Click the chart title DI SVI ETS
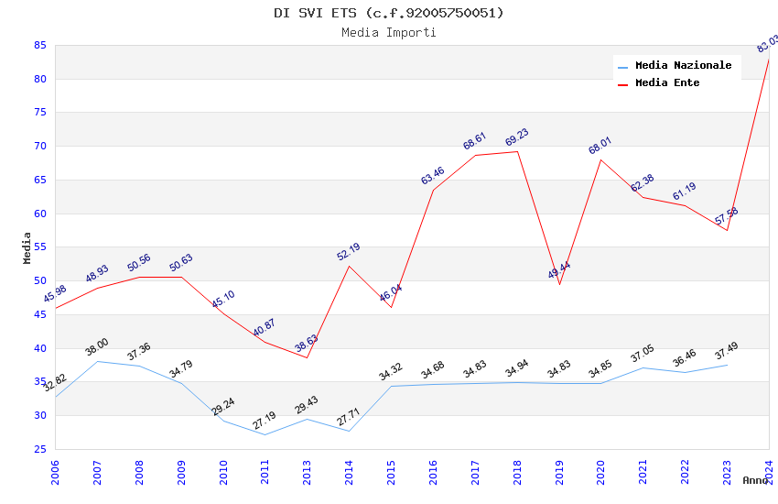coord(389,13)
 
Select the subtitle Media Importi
coord(389,32)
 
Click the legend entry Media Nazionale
coord(683,66)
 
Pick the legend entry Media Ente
coord(667,83)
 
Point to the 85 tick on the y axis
coord(40,45)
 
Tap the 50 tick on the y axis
coord(40,281)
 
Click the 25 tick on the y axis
coord(40,449)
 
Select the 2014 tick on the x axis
coord(349,473)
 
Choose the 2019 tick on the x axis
coord(559,473)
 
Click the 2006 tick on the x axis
coord(55,473)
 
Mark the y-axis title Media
coord(27,247)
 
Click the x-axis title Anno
coord(755,480)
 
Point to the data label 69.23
coord(517,138)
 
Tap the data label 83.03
coord(767,44)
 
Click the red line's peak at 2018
coord(517,151)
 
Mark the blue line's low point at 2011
coord(265,434)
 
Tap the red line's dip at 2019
coord(559,284)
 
